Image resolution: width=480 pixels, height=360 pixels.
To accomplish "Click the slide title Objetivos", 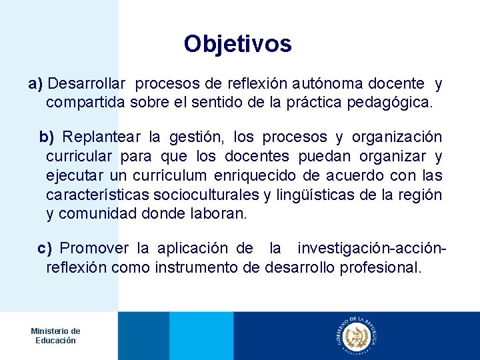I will (238, 44).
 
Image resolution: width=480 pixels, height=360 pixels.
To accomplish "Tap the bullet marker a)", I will (35, 85).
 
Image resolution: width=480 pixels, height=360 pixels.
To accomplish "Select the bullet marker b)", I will (47, 137).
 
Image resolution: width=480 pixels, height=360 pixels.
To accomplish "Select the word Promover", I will (95, 249).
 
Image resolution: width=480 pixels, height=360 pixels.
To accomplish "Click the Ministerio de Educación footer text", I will (56, 335).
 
